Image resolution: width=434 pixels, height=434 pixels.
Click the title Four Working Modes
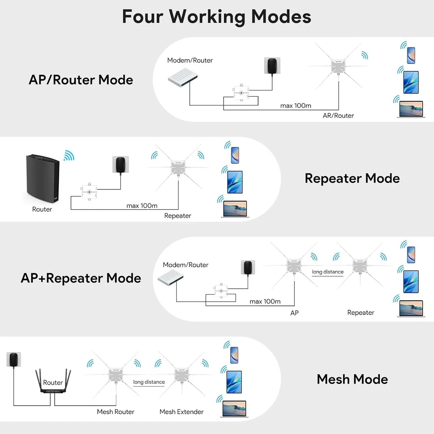tap(217, 17)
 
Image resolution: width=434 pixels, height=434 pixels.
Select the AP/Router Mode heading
tap(81, 80)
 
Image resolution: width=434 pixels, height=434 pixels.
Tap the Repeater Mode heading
tap(352, 178)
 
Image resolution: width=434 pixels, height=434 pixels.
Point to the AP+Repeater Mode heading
tap(81, 278)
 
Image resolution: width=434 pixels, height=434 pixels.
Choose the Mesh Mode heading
tap(352, 379)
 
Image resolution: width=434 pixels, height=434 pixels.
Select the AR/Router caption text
tap(338, 116)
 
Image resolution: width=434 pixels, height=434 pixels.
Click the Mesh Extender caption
tap(181, 412)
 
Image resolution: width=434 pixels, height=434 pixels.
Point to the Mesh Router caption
tap(115, 412)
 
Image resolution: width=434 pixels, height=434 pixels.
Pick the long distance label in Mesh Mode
tap(149, 382)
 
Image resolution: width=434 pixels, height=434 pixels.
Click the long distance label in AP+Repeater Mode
tap(328, 272)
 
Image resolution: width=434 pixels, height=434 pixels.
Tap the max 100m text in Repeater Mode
tap(142, 206)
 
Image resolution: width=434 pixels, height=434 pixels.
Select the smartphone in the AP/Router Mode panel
tap(410, 55)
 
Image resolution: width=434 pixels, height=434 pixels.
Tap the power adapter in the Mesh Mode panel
tap(15, 360)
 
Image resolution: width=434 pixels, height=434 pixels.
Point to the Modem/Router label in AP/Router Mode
tap(190, 61)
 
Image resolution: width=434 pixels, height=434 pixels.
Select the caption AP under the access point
tap(294, 313)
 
